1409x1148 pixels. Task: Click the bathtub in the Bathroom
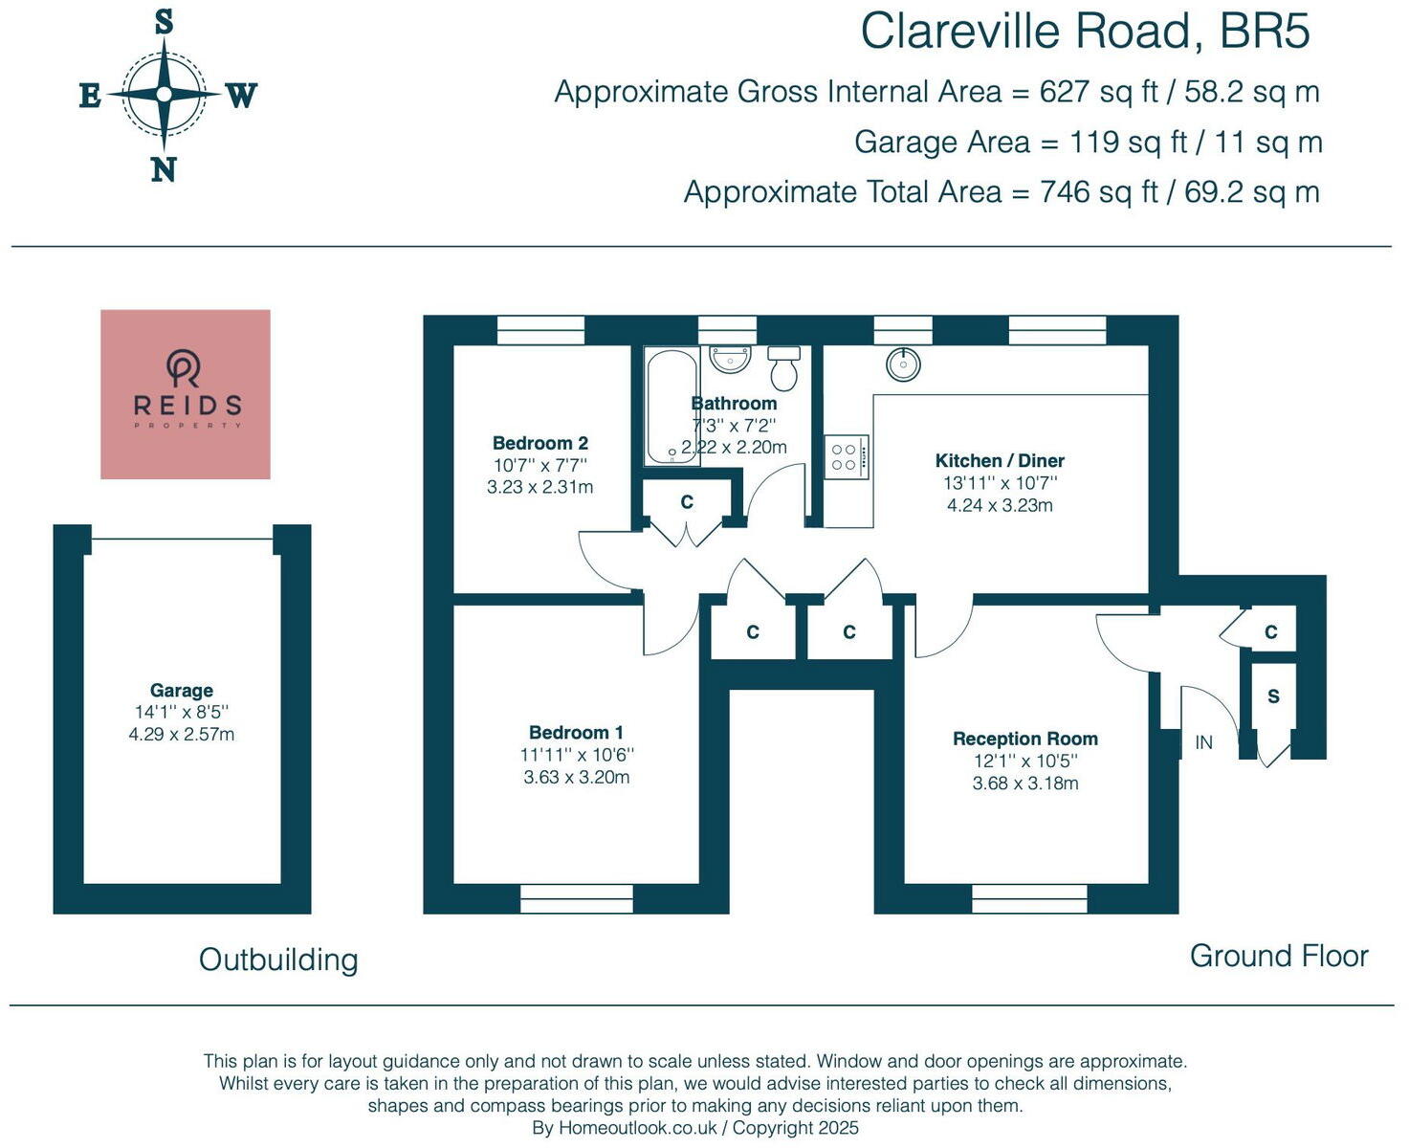point(671,407)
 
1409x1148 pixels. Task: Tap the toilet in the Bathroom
point(783,368)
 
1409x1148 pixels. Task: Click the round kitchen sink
point(903,364)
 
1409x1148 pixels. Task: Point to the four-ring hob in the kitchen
point(847,456)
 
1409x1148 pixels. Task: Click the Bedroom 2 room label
point(540,443)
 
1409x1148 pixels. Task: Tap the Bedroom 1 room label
point(576,733)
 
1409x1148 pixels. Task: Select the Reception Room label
point(1025,739)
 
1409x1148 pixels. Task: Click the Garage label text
point(181,690)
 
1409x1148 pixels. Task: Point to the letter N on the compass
point(164,170)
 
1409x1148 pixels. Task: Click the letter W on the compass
point(242,96)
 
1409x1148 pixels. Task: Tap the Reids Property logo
point(186,394)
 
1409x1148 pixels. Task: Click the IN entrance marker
point(1204,742)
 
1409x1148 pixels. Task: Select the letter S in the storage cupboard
point(1273,696)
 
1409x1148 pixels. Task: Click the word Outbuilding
point(278,960)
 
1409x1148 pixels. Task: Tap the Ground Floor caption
point(1279,956)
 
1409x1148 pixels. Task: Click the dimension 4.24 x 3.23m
point(1000,505)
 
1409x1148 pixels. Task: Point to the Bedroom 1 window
point(577,898)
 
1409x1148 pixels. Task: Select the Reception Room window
point(1030,898)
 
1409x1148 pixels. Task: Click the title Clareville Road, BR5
point(1085,31)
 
